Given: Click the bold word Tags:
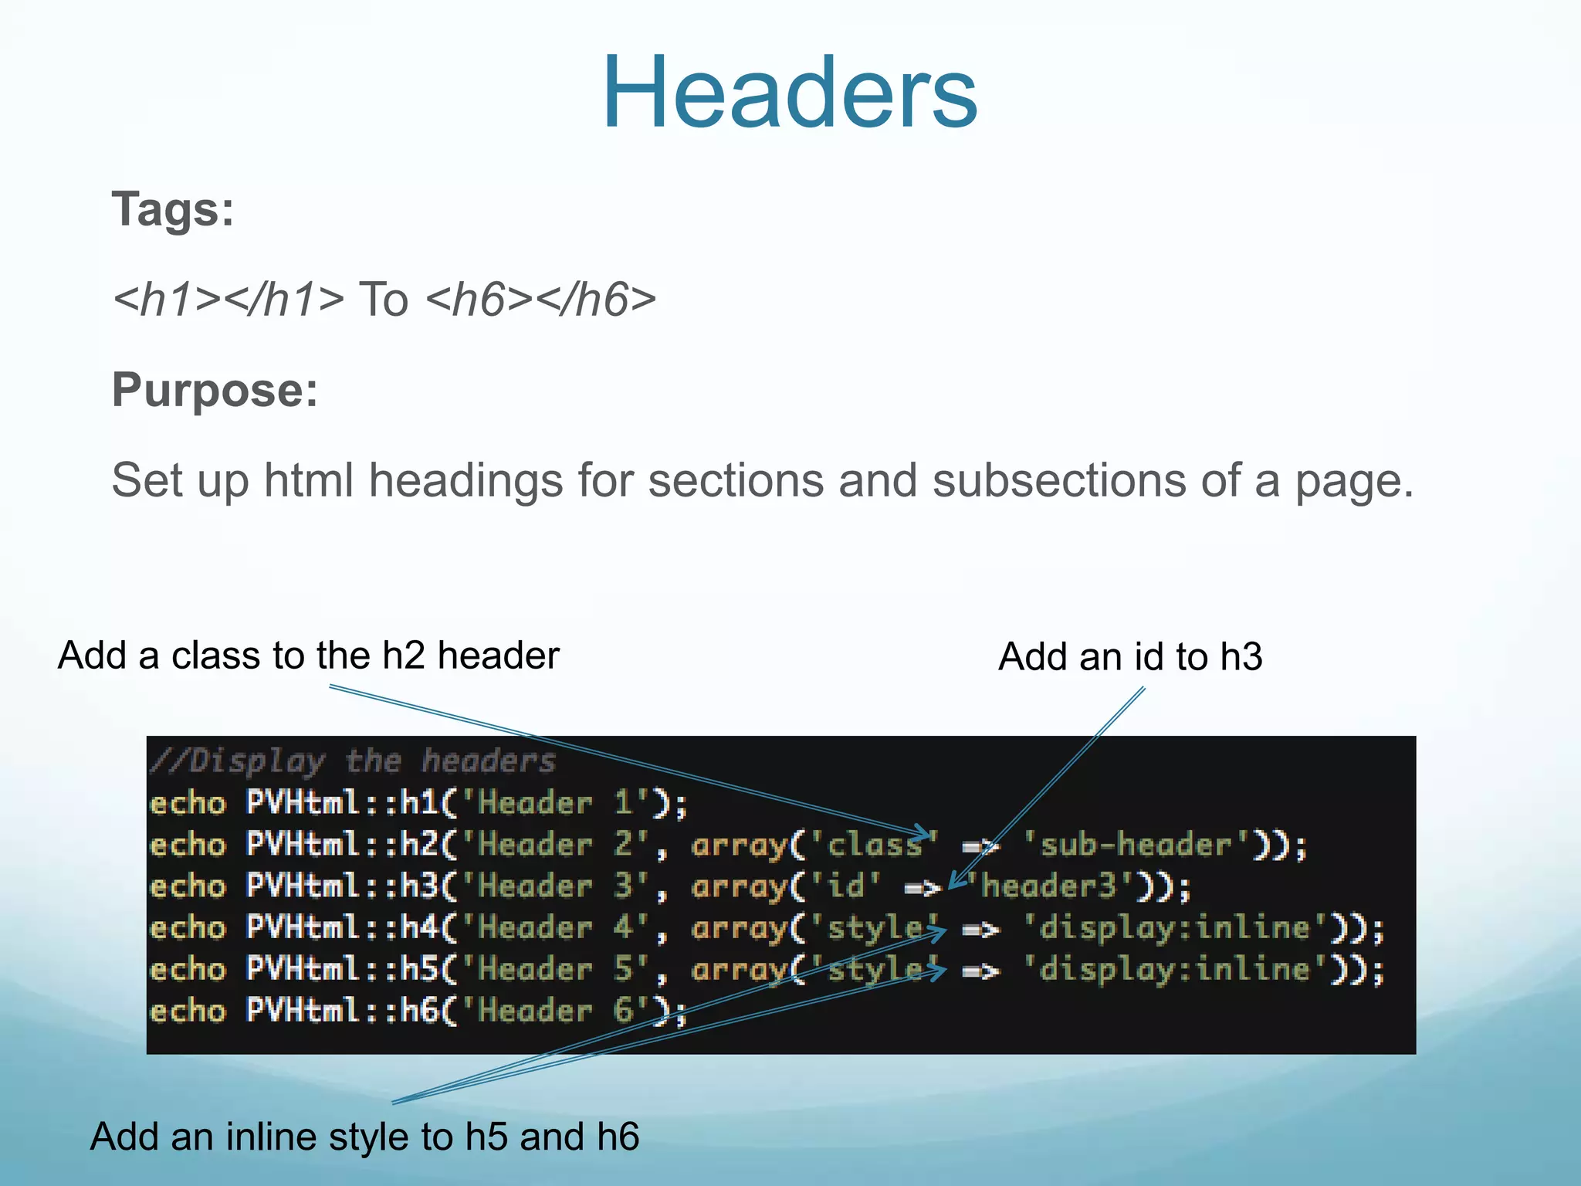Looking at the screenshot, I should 173,209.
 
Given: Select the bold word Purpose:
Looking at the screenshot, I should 215,390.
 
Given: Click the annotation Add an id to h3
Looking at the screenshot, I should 1130,657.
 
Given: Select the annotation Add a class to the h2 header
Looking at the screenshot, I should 308,656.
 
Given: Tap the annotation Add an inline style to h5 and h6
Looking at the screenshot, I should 364,1137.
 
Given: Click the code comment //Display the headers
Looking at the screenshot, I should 353,762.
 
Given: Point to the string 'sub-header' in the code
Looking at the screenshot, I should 1135,845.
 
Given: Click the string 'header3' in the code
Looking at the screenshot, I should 1047,887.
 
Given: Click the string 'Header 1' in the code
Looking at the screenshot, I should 557,804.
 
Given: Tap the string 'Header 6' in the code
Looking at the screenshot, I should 557,1011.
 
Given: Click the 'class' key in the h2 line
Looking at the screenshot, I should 872,845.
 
